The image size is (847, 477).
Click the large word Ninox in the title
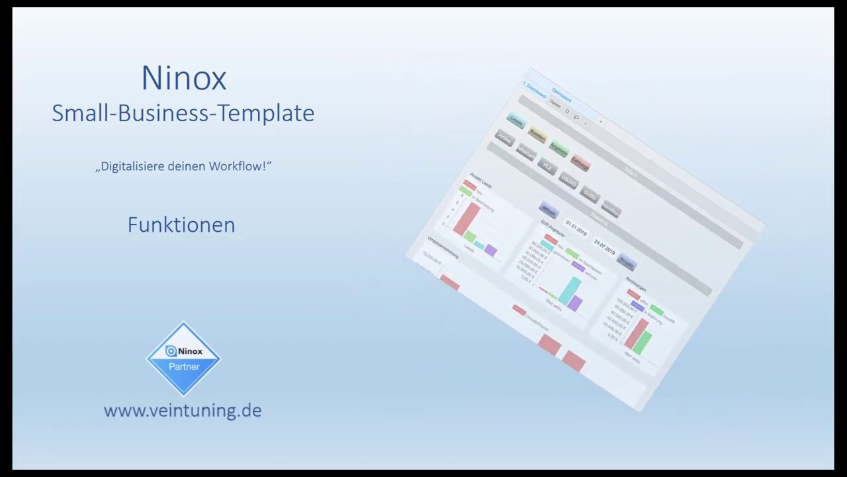coord(184,79)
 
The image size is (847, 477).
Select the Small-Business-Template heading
coord(183,113)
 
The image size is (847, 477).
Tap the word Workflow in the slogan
coord(238,166)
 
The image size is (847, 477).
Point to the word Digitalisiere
coord(132,166)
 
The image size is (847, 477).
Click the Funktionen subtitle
coord(181,225)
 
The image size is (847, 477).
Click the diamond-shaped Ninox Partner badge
coord(183,358)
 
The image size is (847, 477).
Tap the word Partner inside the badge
coord(184,366)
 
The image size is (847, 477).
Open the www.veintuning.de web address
coord(183,411)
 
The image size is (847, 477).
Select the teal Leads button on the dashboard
coord(516,121)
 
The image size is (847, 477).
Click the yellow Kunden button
coord(537,135)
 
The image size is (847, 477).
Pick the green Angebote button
coord(558,150)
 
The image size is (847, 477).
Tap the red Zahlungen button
coord(580,163)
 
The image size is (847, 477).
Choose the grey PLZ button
coord(547,167)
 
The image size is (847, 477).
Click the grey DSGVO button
coord(568,180)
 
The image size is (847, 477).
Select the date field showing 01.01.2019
coord(576,229)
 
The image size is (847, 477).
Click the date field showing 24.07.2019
coord(604,246)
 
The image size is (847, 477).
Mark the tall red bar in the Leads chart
coord(467,219)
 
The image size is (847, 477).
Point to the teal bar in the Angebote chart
coord(569,290)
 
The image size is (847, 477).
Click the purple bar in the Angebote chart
coord(575,303)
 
